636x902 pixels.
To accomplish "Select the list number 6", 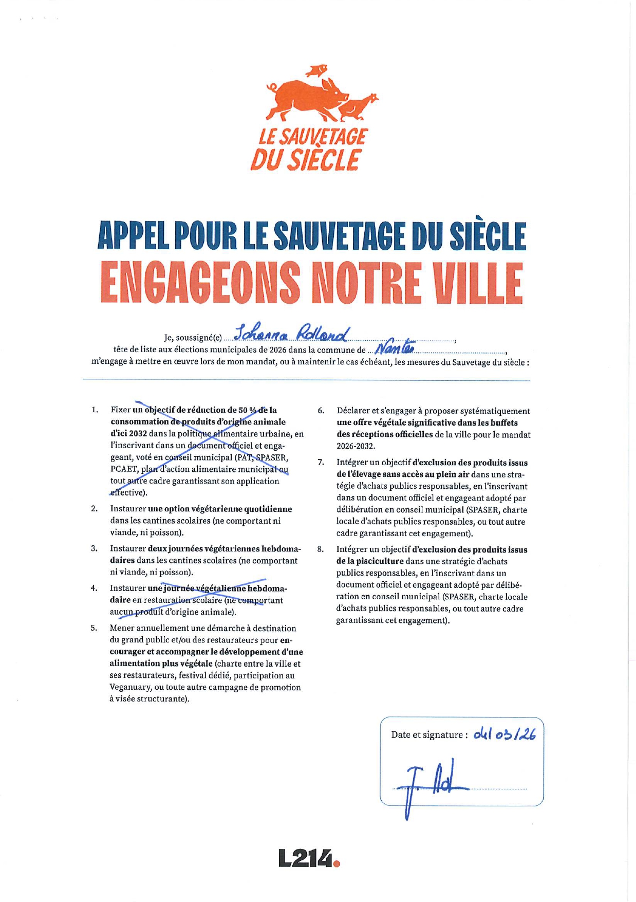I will tap(321, 411).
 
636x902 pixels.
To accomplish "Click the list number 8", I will tap(321, 549).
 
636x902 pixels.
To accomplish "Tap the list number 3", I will tap(95, 548).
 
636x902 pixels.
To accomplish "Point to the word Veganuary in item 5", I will tap(131, 687).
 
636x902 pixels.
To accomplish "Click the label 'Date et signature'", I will tap(428, 735).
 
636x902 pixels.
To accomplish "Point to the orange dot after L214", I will tap(336, 863).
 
